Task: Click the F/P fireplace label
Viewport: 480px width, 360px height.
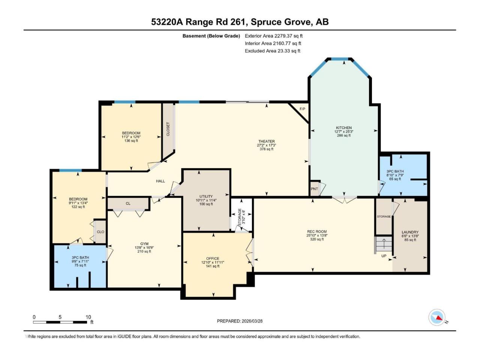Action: click(302, 109)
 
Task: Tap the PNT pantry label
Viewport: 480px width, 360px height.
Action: click(314, 189)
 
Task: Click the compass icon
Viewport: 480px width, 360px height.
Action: click(437, 317)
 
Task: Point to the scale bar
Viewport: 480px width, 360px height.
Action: click(60, 322)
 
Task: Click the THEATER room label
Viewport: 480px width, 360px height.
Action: click(266, 141)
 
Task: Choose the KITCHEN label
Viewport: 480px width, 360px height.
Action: click(344, 127)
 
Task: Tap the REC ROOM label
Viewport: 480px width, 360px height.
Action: click(317, 231)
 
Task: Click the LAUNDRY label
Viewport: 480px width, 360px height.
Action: click(410, 232)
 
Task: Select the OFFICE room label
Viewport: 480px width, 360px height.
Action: click(213, 258)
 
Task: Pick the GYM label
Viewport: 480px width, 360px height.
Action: click(144, 244)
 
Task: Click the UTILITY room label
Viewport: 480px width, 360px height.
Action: click(206, 196)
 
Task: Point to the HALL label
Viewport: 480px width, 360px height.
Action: click(160, 181)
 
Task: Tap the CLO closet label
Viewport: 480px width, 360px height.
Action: click(100, 232)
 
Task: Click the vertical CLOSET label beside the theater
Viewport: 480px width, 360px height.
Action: click(168, 129)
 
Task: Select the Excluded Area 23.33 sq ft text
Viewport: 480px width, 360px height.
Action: click(273, 51)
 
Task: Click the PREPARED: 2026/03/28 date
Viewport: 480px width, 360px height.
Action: click(240, 321)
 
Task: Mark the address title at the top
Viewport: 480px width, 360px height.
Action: click(240, 22)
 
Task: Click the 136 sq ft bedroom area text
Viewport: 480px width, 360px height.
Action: click(131, 141)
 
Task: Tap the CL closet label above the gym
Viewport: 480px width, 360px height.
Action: click(128, 203)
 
